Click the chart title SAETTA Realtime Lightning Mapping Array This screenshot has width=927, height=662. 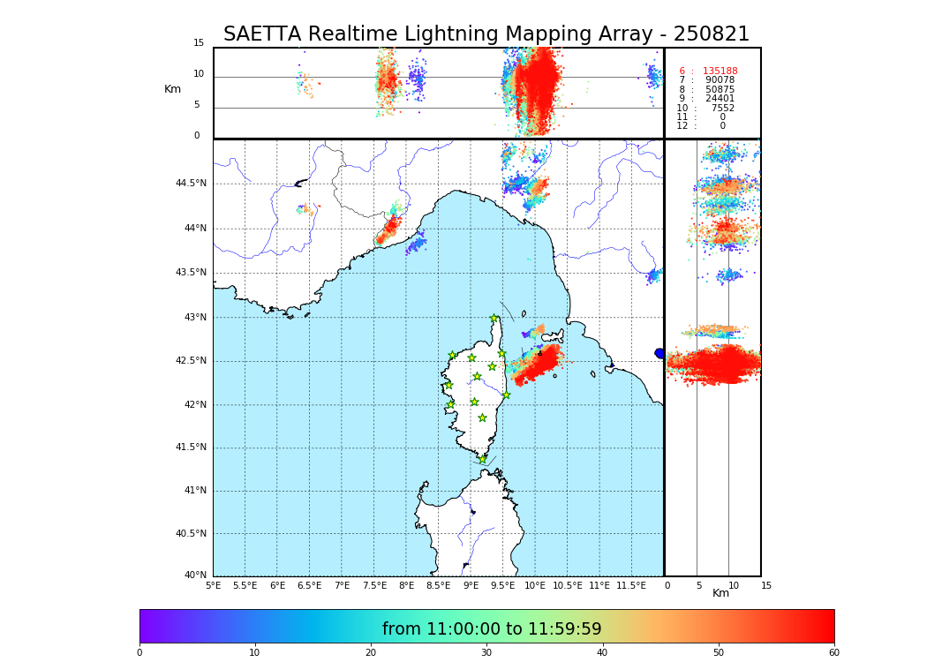point(486,34)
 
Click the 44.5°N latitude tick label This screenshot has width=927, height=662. point(191,184)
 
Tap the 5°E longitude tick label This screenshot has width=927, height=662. point(213,585)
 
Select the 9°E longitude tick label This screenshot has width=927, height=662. point(471,585)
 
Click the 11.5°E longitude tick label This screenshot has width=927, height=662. point(631,585)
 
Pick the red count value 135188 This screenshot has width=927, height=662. point(720,71)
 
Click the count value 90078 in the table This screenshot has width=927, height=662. point(720,80)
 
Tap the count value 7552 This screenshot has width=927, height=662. point(722,109)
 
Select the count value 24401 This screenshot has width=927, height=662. point(720,99)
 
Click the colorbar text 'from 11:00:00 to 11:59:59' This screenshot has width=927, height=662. point(492,629)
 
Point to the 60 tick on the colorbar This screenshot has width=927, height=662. point(833,652)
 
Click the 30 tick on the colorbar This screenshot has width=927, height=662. point(486,652)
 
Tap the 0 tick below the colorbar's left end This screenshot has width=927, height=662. point(139,652)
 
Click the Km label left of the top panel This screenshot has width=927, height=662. point(172,89)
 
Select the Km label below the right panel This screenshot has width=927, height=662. point(720,593)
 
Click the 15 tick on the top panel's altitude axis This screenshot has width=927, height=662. point(199,43)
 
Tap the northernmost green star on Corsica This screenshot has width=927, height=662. point(494,319)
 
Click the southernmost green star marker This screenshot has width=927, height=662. point(482,459)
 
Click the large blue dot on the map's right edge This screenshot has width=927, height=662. point(659,353)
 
